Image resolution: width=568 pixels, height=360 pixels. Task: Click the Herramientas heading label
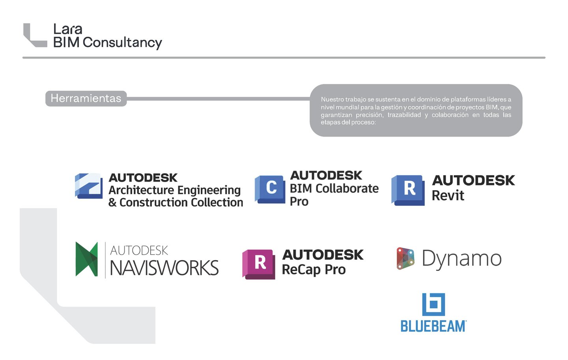point(86,98)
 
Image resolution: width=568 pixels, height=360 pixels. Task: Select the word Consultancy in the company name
point(122,43)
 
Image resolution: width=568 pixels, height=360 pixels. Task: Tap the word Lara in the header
point(68,29)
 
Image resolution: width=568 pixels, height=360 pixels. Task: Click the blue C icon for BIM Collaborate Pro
point(270,189)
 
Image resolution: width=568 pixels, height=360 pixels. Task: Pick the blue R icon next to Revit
point(409,189)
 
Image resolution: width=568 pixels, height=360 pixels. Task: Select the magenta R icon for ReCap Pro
point(259,264)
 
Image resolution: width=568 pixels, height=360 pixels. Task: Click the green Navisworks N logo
point(87,259)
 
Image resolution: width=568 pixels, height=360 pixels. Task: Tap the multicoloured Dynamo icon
point(405,259)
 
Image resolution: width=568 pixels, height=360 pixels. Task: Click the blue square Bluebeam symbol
point(433,304)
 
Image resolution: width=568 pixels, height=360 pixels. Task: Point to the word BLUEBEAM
point(433,326)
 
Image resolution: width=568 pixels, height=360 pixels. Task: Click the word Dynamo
point(461,259)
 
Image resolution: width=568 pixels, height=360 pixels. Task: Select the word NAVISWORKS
point(164,268)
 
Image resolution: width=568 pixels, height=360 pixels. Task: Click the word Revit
point(448,195)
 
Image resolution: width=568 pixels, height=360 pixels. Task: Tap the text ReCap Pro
point(314,270)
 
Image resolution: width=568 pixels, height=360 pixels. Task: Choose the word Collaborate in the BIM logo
point(348,189)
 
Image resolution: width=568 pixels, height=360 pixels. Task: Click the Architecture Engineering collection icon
point(89,186)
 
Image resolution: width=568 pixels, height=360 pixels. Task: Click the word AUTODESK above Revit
point(474,180)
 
